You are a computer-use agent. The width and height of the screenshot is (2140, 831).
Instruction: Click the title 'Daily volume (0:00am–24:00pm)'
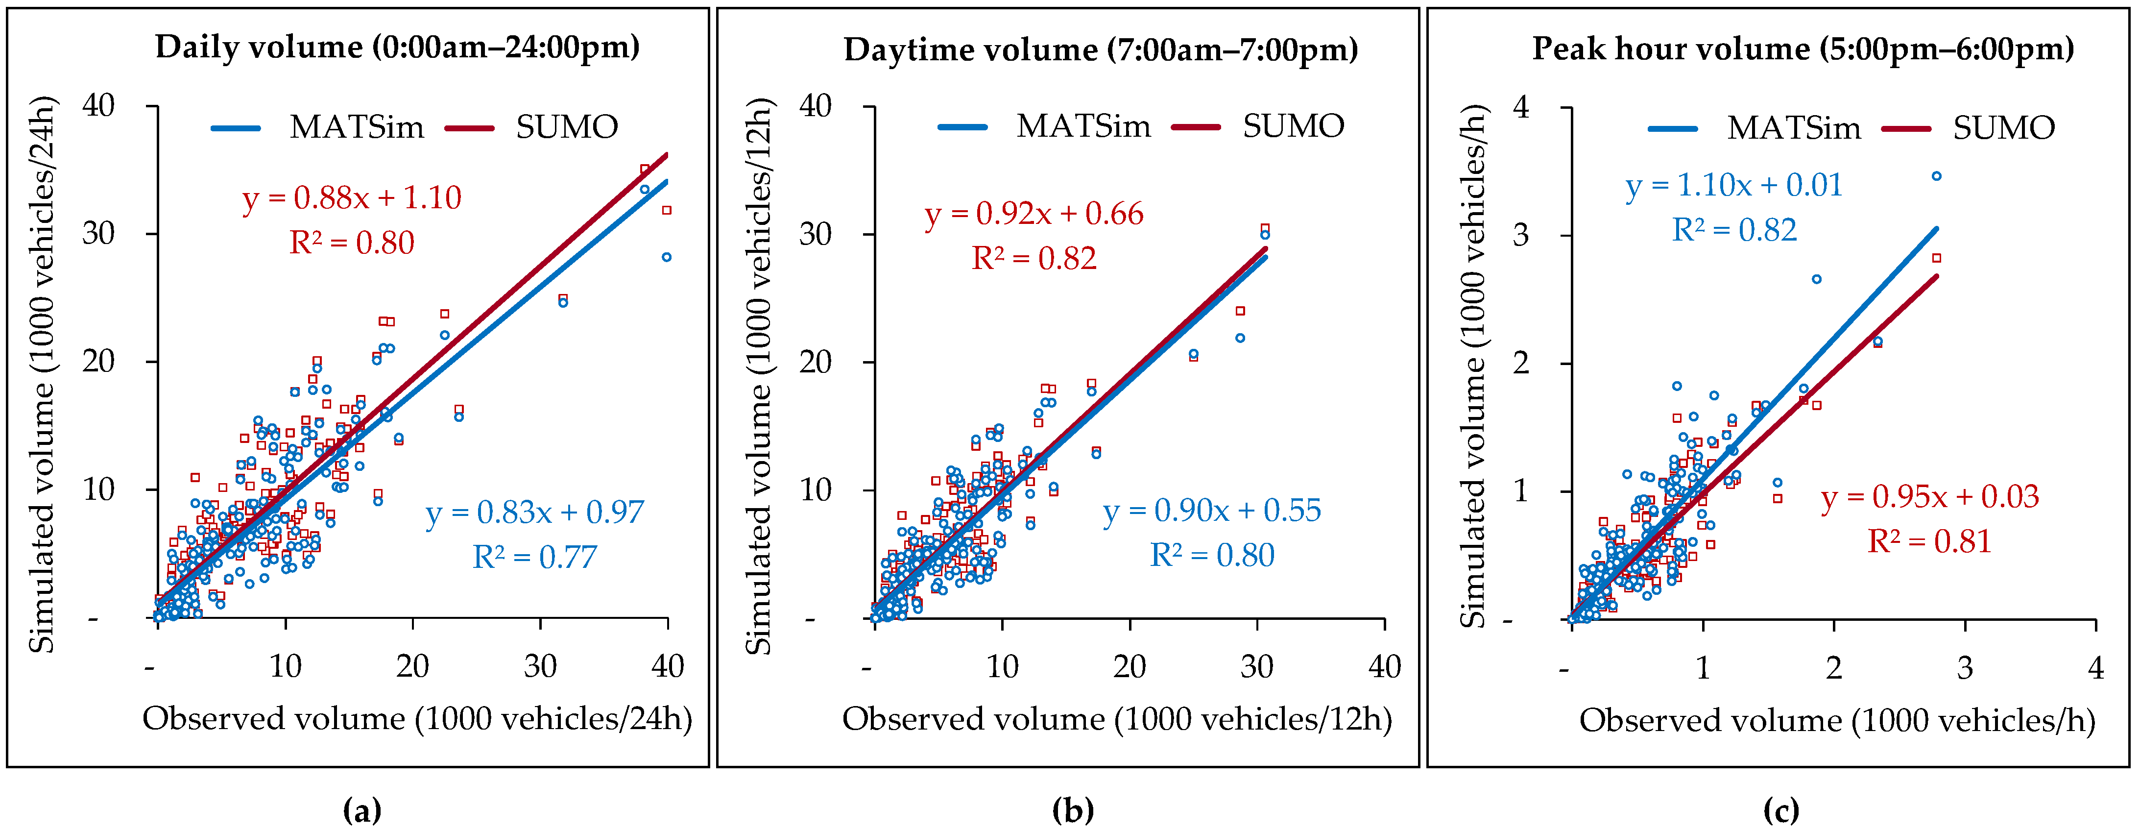click(x=397, y=48)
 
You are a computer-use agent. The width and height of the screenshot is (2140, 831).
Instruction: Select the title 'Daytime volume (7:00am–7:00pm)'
click(x=1101, y=50)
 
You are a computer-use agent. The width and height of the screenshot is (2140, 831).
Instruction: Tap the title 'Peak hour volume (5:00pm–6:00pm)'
click(x=1803, y=49)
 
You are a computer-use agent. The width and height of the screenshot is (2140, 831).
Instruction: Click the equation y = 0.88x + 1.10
click(x=351, y=198)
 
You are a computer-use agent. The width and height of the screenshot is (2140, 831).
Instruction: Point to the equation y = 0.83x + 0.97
click(x=535, y=513)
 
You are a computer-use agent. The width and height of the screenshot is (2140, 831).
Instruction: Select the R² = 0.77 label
click(x=535, y=557)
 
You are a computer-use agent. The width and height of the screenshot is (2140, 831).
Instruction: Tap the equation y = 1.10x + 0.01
click(x=1734, y=185)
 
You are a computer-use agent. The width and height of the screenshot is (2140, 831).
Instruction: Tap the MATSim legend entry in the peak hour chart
click(x=1794, y=128)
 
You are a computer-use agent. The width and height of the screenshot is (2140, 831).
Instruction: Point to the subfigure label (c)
click(x=1781, y=809)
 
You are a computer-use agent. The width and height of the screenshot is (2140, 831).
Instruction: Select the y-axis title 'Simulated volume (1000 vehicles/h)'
click(x=1473, y=366)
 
